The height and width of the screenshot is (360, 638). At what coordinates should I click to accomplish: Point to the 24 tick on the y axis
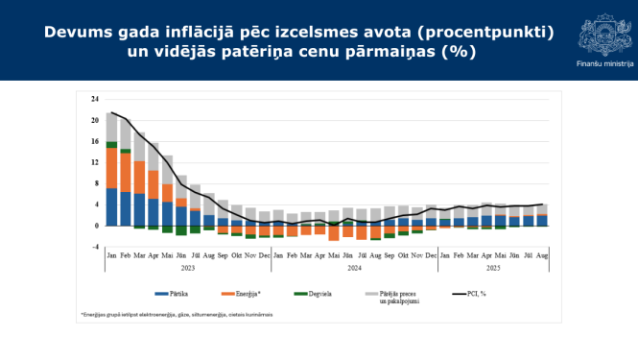coord(95,100)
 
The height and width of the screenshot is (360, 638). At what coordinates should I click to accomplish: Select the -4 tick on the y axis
coord(95,247)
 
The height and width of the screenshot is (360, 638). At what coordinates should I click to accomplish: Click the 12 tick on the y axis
coord(95,163)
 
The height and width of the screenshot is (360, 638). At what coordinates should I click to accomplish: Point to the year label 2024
coord(355,269)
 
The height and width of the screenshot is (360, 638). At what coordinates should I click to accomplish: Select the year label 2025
coord(494,269)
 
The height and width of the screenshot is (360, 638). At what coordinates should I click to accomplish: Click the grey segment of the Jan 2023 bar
coord(112,127)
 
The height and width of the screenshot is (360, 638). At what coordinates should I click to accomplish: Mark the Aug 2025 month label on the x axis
coord(543,256)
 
